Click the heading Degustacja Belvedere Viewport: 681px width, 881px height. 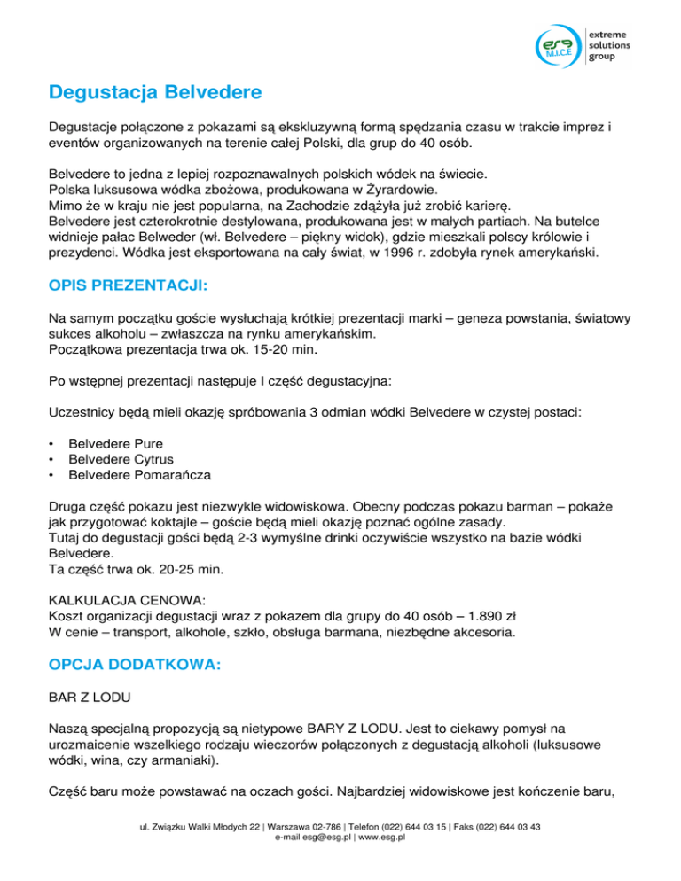coord(156,91)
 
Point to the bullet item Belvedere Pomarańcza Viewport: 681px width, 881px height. coord(139,474)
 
